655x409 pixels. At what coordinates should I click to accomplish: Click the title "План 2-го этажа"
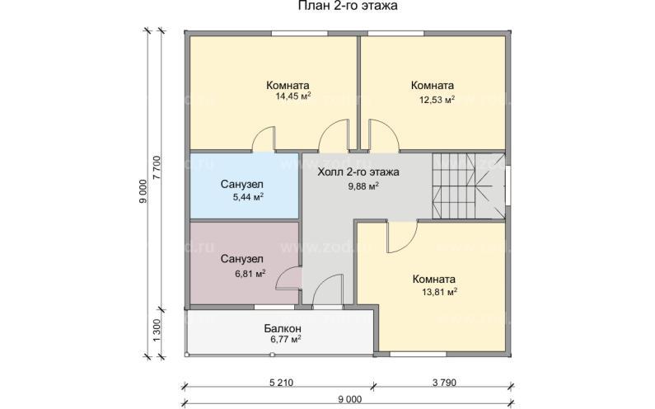point(348,6)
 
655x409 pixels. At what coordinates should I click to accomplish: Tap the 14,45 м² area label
point(292,96)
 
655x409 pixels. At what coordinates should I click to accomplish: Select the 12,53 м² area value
point(437,100)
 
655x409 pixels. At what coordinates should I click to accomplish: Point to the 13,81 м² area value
point(439,292)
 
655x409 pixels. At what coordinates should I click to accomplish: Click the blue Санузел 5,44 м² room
point(245,186)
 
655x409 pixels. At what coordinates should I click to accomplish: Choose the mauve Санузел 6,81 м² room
point(245,263)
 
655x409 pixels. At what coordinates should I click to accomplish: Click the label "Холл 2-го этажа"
point(358,172)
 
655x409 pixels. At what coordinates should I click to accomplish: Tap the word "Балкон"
point(283,328)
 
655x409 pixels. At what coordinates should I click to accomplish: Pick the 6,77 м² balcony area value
point(286,339)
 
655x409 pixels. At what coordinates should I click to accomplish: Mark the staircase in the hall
point(468,186)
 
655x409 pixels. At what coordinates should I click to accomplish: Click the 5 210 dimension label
point(281,383)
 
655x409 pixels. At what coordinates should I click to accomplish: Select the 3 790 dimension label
point(444,383)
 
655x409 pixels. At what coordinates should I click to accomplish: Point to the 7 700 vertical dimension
point(157,168)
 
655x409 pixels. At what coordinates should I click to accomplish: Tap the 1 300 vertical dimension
point(157,331)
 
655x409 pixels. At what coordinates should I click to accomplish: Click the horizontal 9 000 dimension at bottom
point(349,399)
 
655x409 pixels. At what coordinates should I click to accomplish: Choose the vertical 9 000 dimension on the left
point(143,191)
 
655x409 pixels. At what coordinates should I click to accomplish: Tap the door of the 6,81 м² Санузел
point(289,277)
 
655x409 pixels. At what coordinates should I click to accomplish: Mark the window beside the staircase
point(508,186)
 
